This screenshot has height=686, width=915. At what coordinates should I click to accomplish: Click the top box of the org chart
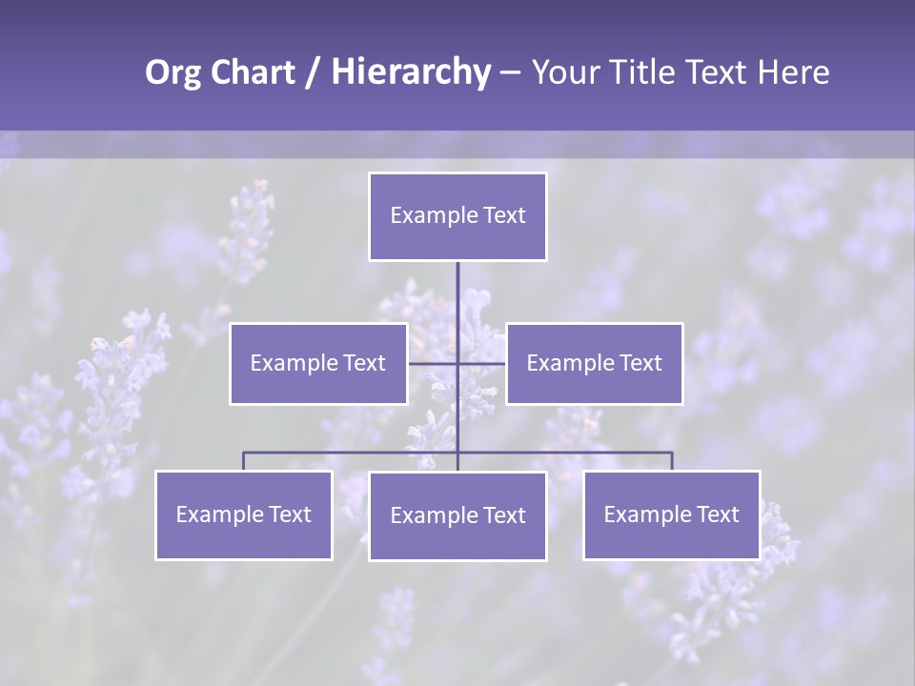[x=457, y=216]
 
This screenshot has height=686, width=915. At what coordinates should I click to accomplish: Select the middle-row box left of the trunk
[x=318, y=363]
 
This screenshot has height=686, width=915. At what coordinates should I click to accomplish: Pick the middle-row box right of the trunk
[x=594, y=363]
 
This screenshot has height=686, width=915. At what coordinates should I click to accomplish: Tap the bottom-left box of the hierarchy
[x=244, y=514]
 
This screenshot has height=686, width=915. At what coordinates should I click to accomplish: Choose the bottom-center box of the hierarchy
[x=457, y=515]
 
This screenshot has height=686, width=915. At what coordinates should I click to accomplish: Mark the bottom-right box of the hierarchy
[x=671, y=514]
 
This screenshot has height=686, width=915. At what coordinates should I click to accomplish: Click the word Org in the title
[x=173, y=72]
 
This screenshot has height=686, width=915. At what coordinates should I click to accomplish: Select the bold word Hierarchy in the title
[x=411, y=72]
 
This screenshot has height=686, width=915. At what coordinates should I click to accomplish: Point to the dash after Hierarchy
[x=510, y=72]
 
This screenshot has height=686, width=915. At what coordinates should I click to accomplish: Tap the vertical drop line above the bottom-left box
[x=243, y=461]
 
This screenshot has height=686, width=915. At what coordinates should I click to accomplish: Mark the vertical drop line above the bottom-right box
[x=672, y=461]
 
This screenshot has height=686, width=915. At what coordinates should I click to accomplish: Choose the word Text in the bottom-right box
[x=717, y=514]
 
